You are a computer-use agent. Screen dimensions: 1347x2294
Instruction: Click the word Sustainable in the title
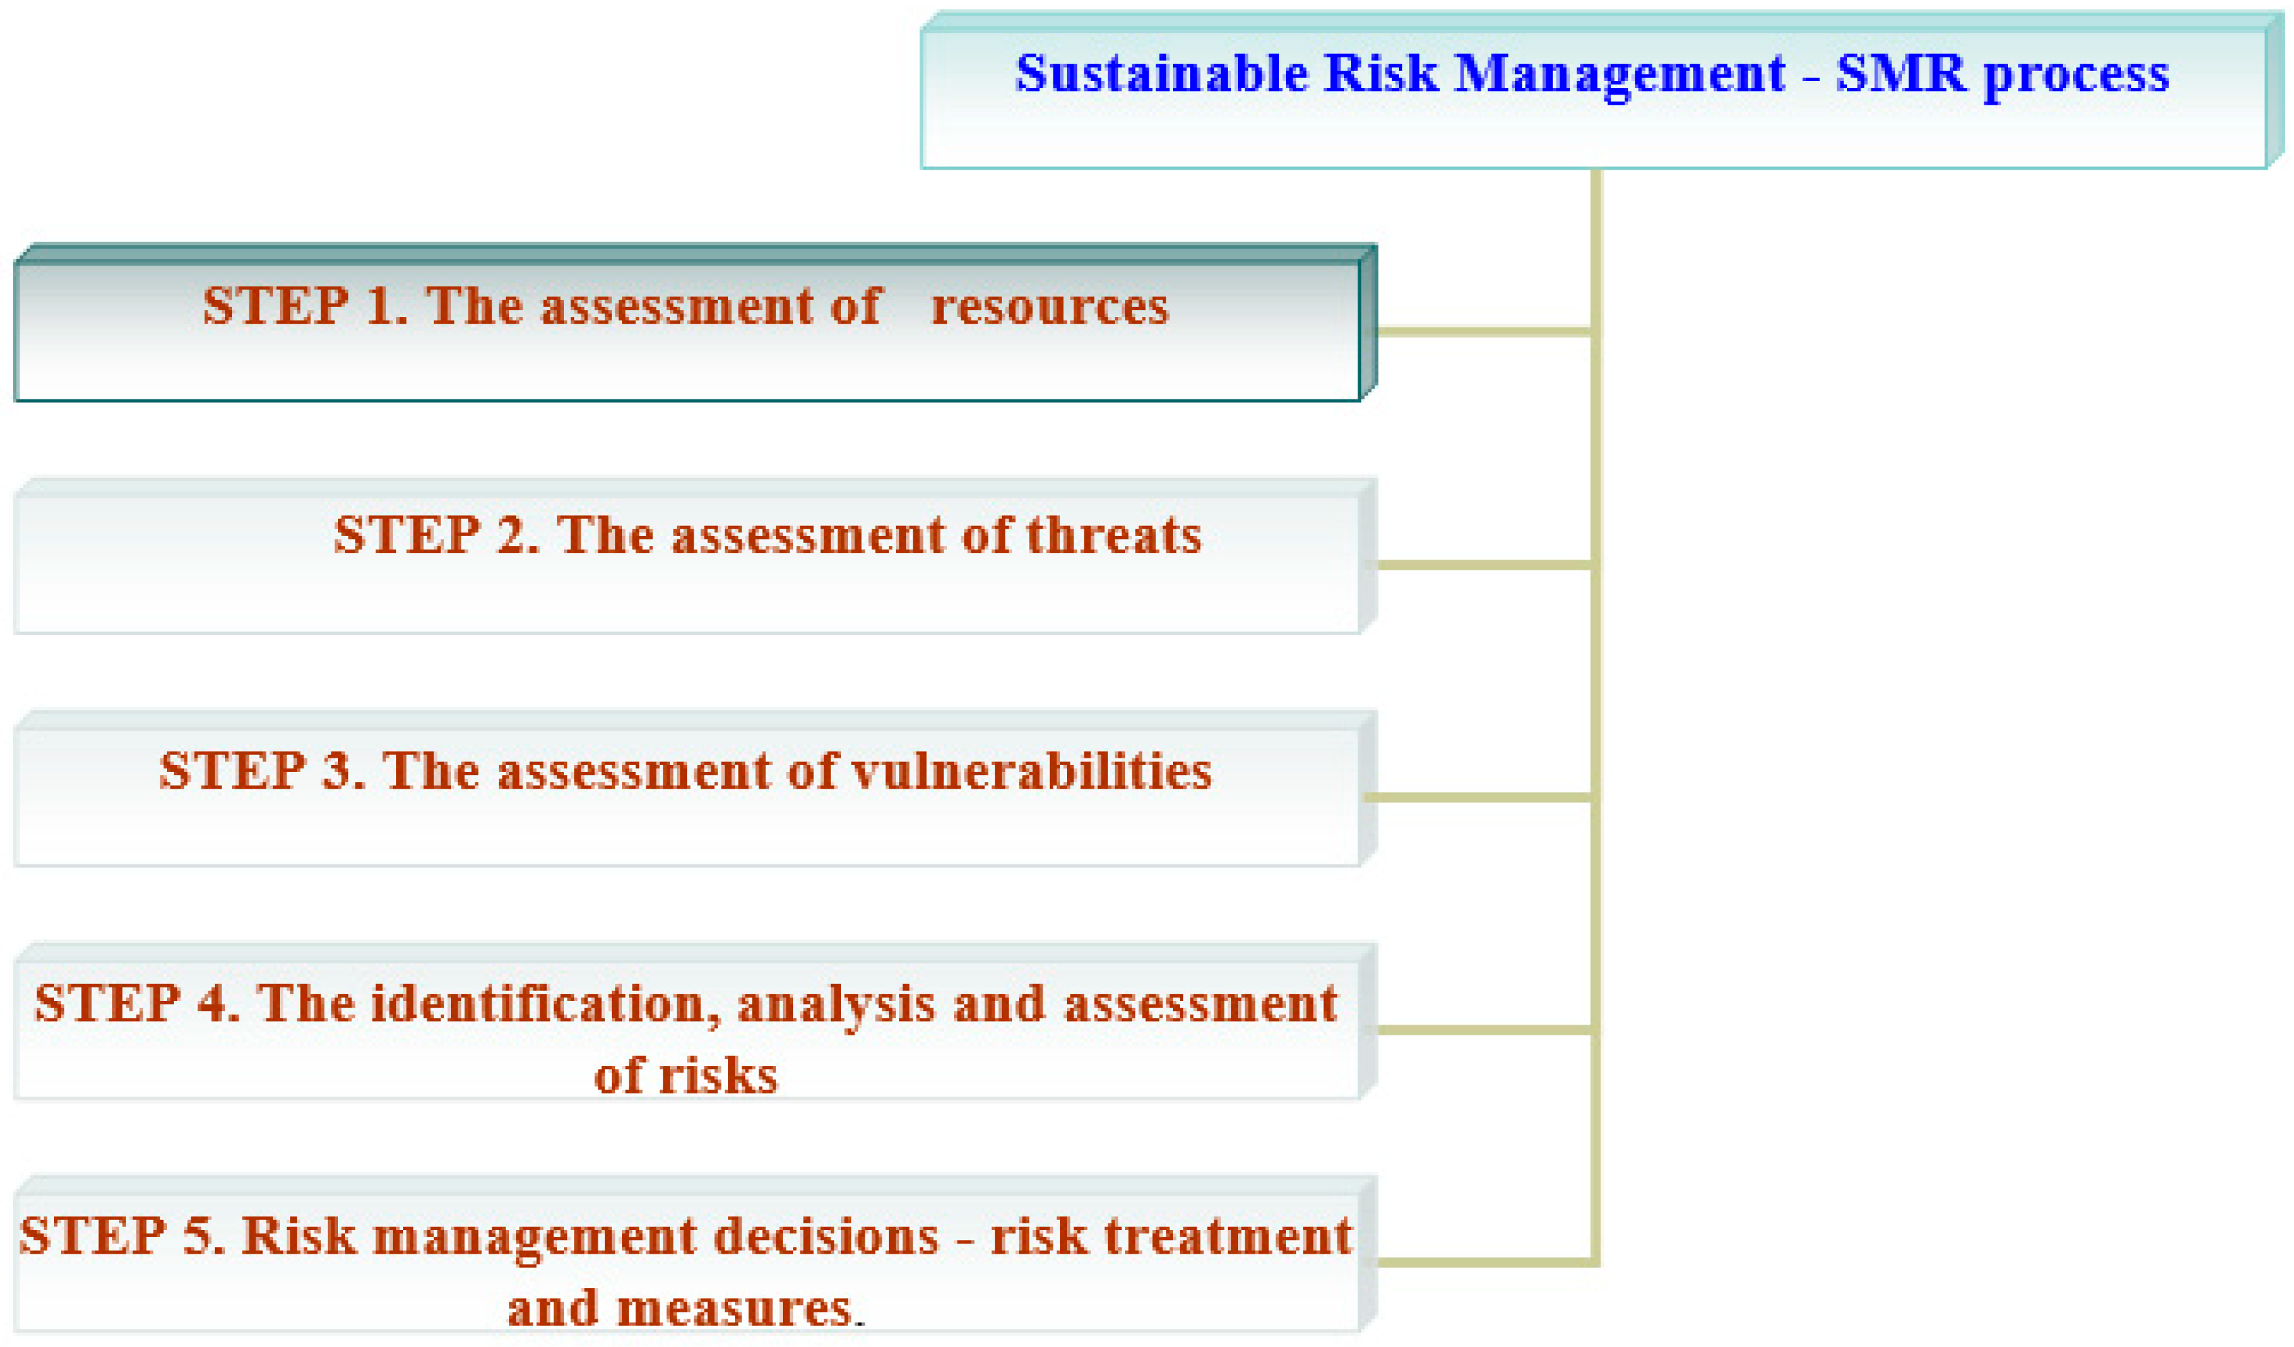(x=1161, y=73)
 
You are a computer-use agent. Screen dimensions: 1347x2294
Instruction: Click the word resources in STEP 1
(x=1049, y=307)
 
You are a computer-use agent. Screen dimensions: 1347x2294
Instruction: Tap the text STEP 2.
(x=436, y=535)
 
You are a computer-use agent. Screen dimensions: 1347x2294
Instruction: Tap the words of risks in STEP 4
(x=686, y=1076)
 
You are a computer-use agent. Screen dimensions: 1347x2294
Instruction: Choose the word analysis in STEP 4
(x=836, y=1006)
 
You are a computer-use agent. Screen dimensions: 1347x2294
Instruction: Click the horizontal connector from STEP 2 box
(x=1484, y=565)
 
